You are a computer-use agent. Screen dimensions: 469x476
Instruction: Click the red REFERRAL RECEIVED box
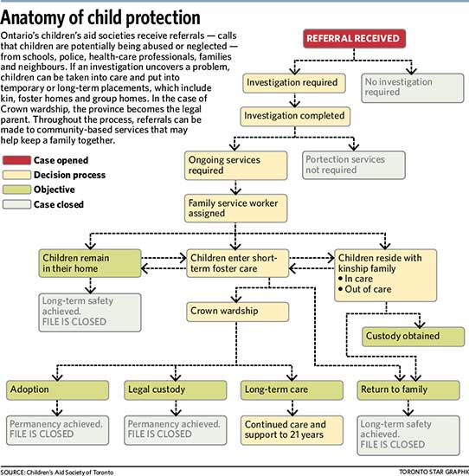point(354,39)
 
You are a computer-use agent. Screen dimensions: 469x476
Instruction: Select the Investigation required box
point(294,83)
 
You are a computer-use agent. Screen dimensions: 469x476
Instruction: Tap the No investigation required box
point(413,87)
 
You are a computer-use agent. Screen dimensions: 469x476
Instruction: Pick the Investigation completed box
point(295,116)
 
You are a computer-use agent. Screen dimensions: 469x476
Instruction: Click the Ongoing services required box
point(235,165)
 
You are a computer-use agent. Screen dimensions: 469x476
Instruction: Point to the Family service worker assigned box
point(235,209)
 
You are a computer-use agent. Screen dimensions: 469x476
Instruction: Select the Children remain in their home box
point(90,263)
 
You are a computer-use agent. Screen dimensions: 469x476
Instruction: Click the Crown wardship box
point(237,312)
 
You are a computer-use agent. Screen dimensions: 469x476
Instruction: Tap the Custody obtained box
point(413,337)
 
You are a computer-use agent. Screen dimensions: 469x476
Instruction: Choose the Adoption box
point(57,389)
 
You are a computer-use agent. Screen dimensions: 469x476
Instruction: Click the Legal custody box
point(176,389)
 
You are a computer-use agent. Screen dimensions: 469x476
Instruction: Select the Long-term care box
point(292,389)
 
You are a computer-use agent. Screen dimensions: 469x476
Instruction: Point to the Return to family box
point(408,389)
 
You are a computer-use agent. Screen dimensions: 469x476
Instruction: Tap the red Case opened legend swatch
point(16,160)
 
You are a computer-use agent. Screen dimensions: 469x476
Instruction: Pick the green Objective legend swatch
point(16,190)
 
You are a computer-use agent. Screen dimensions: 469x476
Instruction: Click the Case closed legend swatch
point(16,204)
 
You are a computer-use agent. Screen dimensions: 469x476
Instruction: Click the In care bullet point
point(356,279)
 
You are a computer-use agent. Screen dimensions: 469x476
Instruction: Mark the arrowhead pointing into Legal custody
point(176,377)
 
